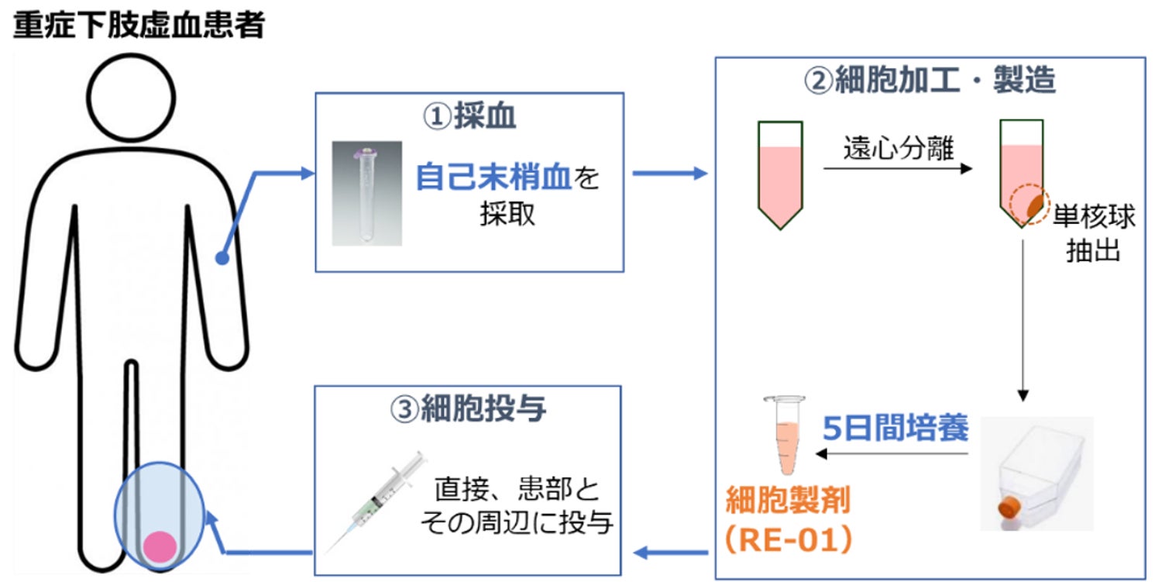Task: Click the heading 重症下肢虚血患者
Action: [139, 25]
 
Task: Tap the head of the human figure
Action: [131, 98]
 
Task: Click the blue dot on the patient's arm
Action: [222, 257]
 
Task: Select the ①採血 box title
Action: [469, 115]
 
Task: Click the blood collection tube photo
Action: [366, 193]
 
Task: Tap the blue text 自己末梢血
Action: [493, 177]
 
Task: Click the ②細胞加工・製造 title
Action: [930, 80]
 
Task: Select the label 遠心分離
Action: [899, 148]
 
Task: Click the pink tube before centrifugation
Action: [780, 175]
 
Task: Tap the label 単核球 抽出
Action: [1093, 233]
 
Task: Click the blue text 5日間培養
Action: [895, 429]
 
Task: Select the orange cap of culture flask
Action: [1009, 508]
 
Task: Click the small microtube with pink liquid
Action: [785, 435]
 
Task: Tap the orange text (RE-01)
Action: [789, 539]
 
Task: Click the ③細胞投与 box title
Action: [468, 408]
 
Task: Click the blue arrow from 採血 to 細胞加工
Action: [670, 174]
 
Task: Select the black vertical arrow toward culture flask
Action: [1023, 320]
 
